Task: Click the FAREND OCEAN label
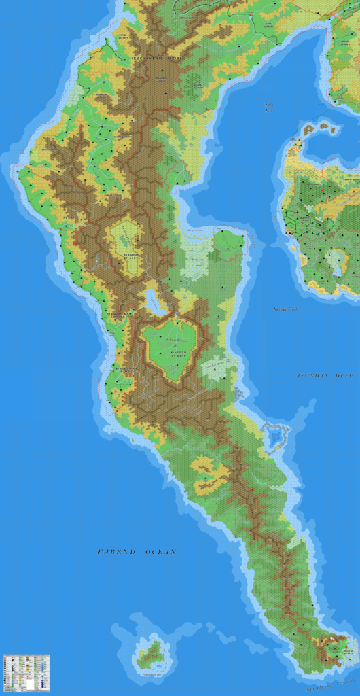[x=137, y=552]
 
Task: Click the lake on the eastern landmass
[x=334, y=259]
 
